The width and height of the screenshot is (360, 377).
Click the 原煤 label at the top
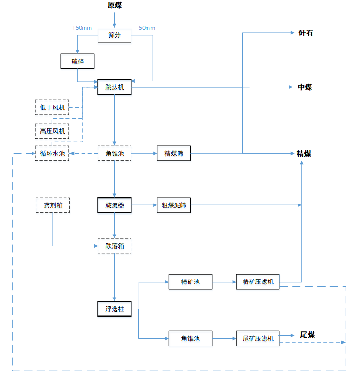point(115,6)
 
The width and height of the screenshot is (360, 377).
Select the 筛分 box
point(115,35)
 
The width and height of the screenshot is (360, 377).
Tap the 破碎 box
point(77,62)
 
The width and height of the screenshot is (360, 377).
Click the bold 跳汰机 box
point(115,88)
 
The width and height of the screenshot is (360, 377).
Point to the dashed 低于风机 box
point(52,107)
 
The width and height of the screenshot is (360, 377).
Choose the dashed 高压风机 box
point(52,131)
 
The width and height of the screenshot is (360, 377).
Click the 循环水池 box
point(52,154)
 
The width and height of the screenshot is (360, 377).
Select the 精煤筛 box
point(174,154)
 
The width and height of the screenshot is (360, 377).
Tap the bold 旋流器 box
point(115,205)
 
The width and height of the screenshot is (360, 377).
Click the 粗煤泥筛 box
point(174,205)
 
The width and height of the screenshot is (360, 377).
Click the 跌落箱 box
point(115,246)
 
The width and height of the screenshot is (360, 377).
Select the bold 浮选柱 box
point(115,309)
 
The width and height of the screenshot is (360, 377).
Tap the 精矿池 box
point(190,282)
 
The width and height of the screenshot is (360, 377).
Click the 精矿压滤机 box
point(258,282)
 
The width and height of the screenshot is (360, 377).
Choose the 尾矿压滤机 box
point(258,338)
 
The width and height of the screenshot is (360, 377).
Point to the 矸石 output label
point(306,33)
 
